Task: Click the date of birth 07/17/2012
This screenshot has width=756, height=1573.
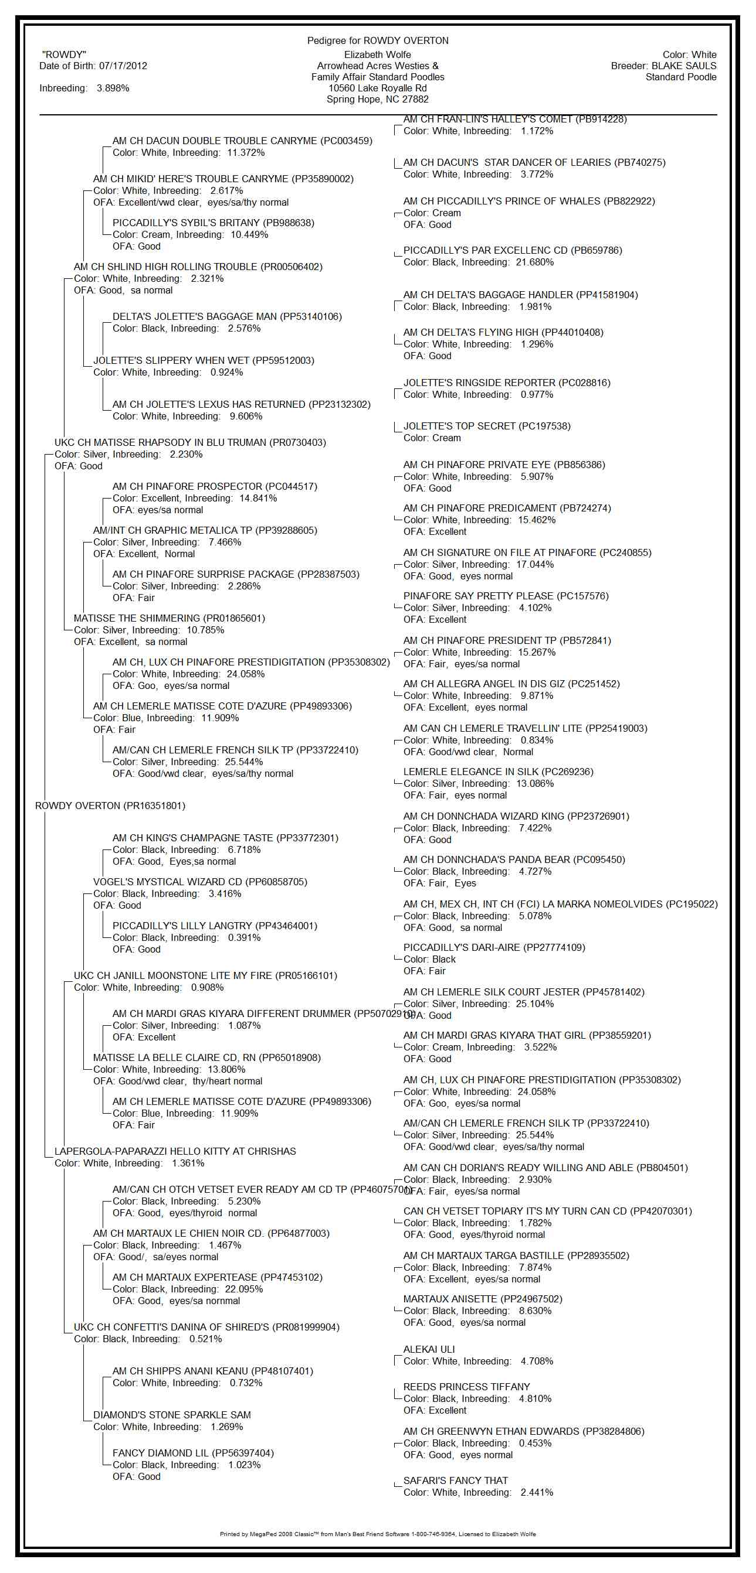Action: click(123, 66)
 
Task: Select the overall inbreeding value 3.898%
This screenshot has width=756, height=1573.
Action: click(113, 88)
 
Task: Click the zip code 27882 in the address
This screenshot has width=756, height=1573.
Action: click(415, 100)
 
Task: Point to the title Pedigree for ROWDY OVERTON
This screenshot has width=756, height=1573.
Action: click(378, 41)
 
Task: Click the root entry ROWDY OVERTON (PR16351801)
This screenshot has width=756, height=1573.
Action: click(110, 806)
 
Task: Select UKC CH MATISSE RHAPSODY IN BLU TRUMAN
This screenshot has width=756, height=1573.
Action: click(190, 443)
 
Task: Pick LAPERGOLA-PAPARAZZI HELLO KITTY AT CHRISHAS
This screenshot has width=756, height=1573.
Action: click(175, 1152)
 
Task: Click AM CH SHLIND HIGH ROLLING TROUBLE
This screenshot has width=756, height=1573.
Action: click(198, 267)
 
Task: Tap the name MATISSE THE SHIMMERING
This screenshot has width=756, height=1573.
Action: click(169, 619)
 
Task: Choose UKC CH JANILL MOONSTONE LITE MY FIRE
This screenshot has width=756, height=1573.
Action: click(205, 976)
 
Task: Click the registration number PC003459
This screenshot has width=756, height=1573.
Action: click(347, 141)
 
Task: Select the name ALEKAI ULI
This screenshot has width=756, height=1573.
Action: click(429, 1350)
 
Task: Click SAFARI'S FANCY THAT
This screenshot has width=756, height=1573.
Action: click(455, 1481)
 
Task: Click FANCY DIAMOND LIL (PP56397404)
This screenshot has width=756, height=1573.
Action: click(193, 1453)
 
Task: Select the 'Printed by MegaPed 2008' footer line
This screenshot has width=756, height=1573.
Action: click(378, 1534)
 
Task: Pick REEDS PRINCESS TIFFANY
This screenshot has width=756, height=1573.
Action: click(466, 1387)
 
